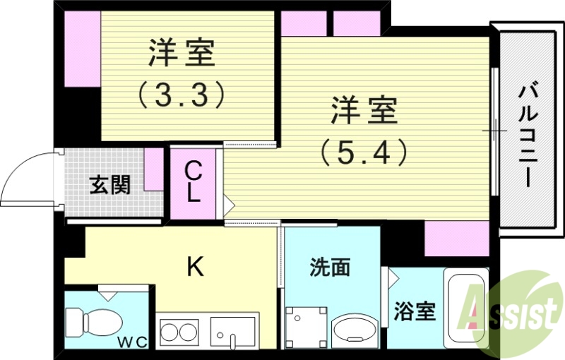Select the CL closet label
click(193, 182)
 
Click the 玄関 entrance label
click(109, 185)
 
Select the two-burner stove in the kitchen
click(180, 332)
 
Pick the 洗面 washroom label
click(331, 268)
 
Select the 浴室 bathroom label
click(414, 311)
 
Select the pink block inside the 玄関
click(153, 169)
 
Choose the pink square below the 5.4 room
click(456, 239)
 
